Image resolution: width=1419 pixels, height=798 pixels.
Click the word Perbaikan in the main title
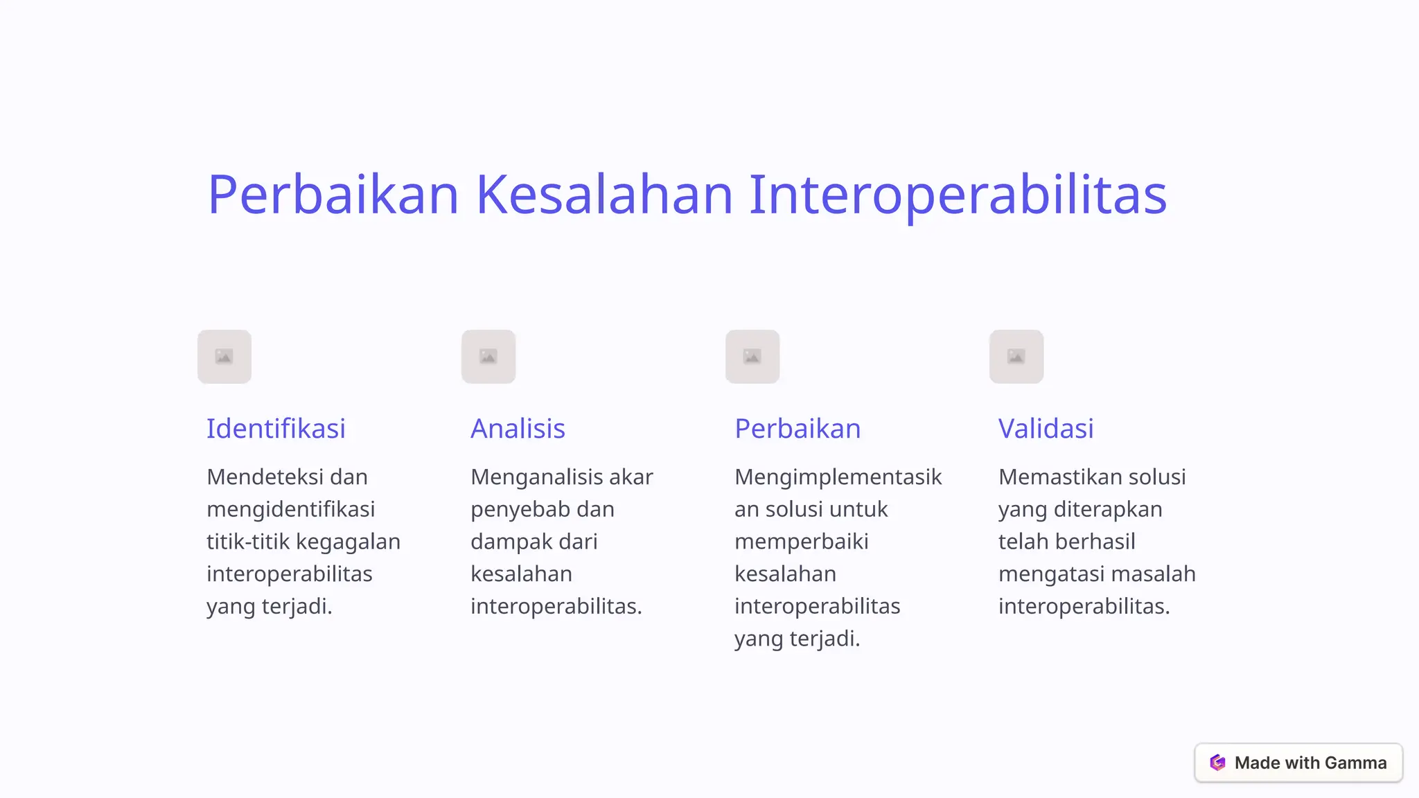click(x=333, y=195)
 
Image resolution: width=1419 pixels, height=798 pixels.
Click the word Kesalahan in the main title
click(x=604, y=195)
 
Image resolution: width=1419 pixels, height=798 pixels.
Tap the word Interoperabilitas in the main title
click(x=958, y=195)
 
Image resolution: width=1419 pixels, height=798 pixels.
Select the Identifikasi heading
click(x=276, y=429)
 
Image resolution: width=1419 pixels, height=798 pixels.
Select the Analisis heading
click(x=518, y=429)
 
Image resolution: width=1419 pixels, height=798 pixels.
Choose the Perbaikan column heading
click(x=797, y=429)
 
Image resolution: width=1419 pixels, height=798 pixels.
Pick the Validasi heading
click(x=1046, y=429)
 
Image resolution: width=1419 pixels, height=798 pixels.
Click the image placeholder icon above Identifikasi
click(x=224, y=357)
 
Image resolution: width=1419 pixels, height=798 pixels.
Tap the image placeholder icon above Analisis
click(x=488, y=357)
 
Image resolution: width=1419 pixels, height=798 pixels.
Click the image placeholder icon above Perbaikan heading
click(x=752, y=357)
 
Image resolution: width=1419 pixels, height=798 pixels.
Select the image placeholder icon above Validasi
click(x=1016, y=357)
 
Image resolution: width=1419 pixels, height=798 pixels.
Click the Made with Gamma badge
click(x=1298, y=763)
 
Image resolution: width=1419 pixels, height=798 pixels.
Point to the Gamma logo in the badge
click(x=1217, y=763)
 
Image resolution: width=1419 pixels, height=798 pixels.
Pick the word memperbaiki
click(x=801, y=542)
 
